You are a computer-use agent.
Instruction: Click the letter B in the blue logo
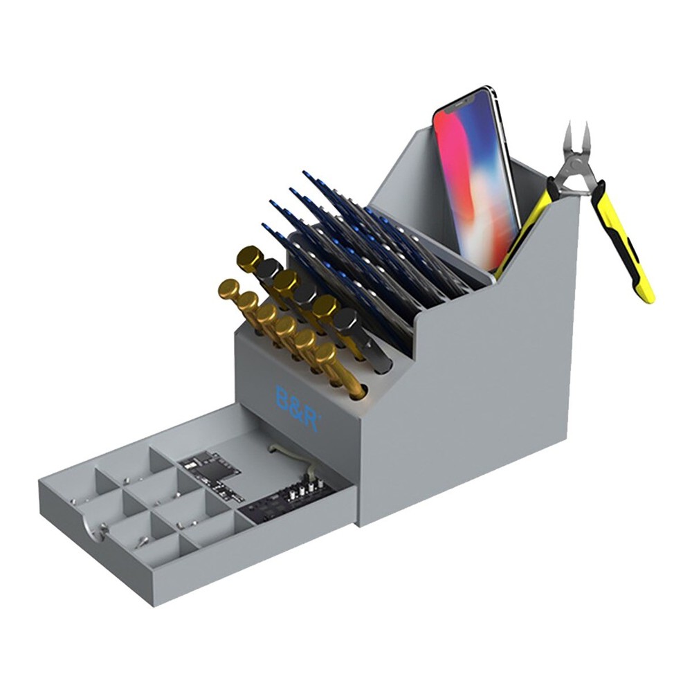point(283,399)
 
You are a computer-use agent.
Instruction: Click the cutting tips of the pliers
point(577,134)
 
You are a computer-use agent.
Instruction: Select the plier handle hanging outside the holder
point(626,242)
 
